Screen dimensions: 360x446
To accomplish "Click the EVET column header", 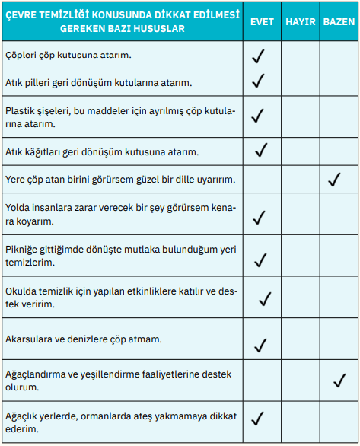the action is tap(262, 22).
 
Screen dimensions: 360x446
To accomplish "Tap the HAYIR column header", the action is tap(300, 22).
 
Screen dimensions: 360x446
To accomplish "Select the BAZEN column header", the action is tap(338, 22).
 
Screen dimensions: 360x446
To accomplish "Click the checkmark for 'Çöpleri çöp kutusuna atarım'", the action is tap(258, 56).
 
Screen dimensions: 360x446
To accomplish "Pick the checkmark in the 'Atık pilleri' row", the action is tap(258, 81).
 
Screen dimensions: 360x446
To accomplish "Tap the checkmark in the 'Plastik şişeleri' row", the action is tap(258, 115).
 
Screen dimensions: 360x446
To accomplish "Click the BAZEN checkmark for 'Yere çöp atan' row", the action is tap(333, 180).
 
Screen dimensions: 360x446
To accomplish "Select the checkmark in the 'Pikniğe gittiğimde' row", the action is tap(260, 260).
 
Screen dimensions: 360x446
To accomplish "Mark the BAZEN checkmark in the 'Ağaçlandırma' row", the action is tap(339, 380).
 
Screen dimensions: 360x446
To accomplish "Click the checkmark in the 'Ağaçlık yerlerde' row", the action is tap(258, 417).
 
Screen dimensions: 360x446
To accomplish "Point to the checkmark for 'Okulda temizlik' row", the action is tap(265, 298).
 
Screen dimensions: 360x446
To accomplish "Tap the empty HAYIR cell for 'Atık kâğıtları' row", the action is tap(300, 151).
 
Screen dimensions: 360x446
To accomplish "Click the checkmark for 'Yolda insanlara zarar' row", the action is tap(258, 218).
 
